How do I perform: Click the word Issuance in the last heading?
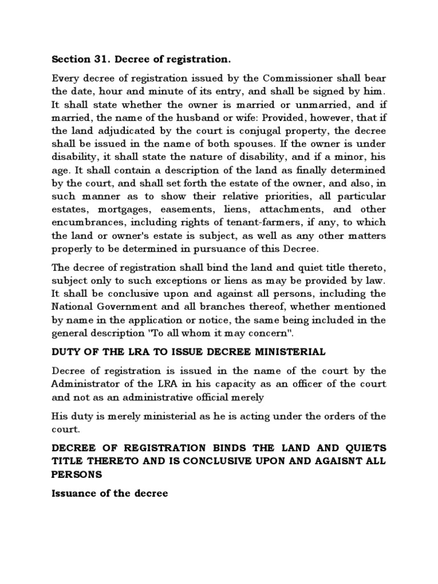coord(73,494)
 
